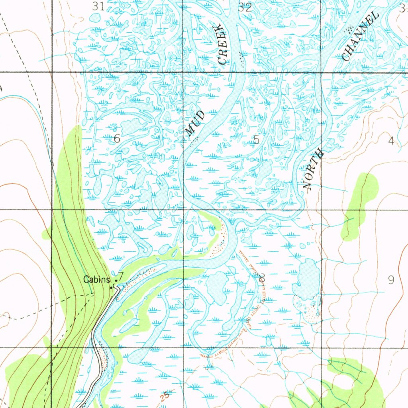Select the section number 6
(x=117, y=139)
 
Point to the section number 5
(x=256, y=139)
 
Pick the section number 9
(x=391, y=280)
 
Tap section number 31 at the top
(x=98, y=6)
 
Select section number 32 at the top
(x=245, y=7)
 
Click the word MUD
(x=196, y=123)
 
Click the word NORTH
(x=314, y=169)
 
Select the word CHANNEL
(x=360, y=37)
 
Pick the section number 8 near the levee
(x=261, y=278)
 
